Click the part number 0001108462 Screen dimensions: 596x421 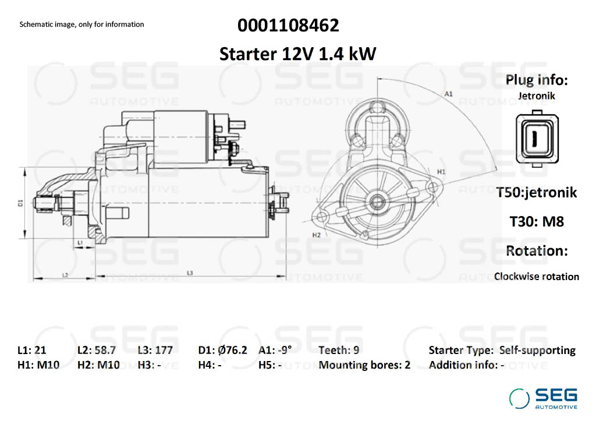288,26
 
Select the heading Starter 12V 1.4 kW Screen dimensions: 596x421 297,54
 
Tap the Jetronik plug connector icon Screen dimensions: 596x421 537,139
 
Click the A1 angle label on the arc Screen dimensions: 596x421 449,94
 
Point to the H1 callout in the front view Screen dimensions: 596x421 441,172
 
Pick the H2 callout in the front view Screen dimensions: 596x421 316,235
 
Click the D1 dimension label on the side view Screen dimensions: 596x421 20,203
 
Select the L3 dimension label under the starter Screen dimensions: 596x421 190,273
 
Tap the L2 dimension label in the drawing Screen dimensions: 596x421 65,275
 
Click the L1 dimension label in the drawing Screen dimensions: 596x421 80,242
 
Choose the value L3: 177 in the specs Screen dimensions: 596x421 155,350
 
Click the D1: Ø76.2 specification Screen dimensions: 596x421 223,350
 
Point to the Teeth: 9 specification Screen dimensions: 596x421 339,350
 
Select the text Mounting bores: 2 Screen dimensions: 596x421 364,365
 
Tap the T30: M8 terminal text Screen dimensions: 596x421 537,221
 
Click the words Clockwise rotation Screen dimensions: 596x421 537,277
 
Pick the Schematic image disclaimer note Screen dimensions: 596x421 81,24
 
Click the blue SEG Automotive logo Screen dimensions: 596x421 544,398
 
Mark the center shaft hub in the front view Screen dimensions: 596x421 377,201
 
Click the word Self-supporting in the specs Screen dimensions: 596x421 537,351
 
